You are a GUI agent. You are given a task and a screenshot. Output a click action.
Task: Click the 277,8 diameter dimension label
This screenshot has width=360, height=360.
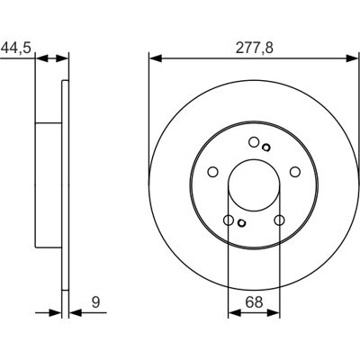coord(255,48)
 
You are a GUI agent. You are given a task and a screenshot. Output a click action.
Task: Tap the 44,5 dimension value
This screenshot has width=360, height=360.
coord(16,48)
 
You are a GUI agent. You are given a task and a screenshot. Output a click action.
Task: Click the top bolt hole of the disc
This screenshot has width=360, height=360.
coord(254,142)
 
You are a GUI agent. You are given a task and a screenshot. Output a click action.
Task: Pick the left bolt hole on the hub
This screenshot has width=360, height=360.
coord(213,172)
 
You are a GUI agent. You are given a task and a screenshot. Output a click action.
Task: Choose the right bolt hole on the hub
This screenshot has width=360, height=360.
coord(295,172)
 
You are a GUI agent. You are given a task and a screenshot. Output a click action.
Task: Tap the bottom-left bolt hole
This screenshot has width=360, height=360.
coord(229,220)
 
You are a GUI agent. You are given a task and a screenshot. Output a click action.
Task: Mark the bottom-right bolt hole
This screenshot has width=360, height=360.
coord(279,220)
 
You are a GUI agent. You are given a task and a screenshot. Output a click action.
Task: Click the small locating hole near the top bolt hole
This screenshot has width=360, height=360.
coord(265,148)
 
